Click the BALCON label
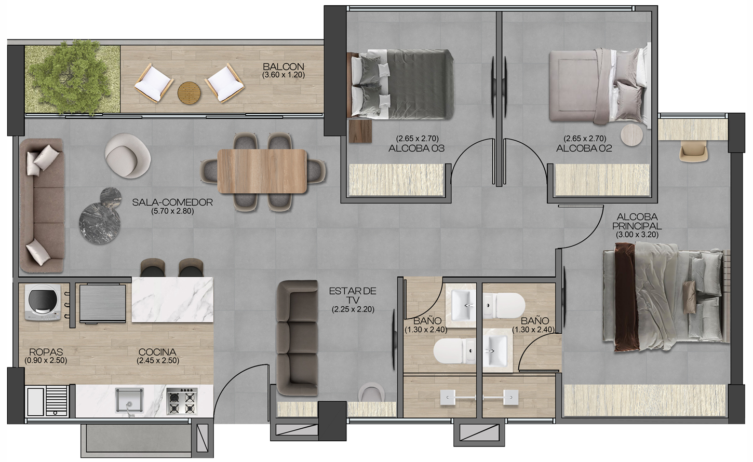284,66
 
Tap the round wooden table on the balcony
189,93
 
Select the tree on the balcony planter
72,77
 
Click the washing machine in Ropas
43,303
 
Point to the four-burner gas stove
182,401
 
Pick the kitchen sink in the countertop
129,401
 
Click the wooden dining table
262,171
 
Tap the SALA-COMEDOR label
172,202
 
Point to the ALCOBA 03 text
416,148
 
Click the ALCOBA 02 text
584,148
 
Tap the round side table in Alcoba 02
631,135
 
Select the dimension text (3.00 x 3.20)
637,235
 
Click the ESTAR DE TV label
353,296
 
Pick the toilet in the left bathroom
454,351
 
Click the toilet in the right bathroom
504,305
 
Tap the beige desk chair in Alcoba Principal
693,151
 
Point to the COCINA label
157,352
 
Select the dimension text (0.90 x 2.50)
46,361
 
